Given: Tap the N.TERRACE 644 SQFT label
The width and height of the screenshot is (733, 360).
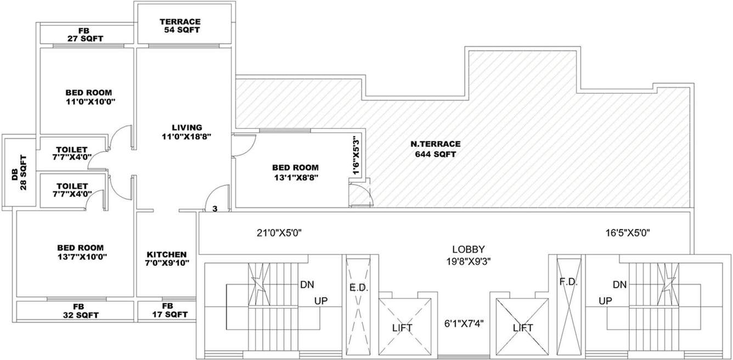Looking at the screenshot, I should coord(436,149).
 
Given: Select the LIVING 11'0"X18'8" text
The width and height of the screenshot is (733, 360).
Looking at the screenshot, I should coord(187,132).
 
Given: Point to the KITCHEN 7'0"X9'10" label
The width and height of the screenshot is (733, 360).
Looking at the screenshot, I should coord(167,259).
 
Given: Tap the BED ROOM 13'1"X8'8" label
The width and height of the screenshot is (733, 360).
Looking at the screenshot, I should coord(295,172).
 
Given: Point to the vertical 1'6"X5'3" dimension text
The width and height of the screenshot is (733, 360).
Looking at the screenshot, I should coord(357,156).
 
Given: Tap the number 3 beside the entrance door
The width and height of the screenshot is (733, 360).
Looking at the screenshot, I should coord(215,209).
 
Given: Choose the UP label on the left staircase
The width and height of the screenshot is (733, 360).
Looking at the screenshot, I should coord(321,301).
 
